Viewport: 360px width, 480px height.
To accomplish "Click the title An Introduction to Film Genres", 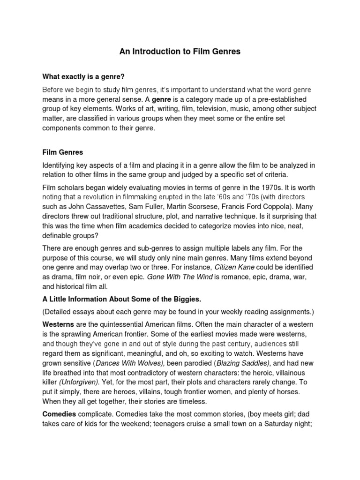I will [180, 52].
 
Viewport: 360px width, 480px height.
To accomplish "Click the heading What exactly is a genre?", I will [84, 76].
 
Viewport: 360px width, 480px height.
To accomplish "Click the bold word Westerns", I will [59, 325].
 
